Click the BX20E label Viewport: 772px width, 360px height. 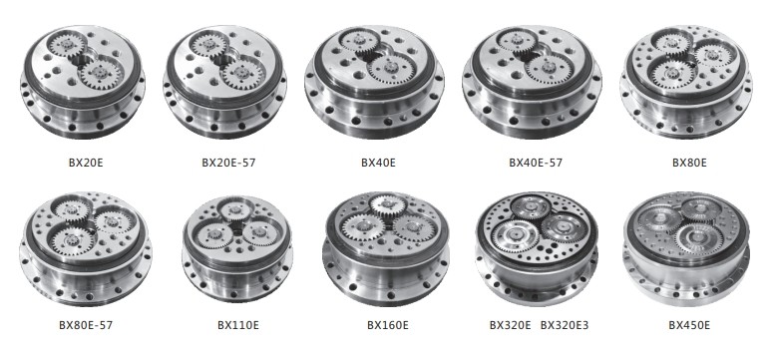tap(86, 163)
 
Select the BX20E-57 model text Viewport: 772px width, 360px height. tap(228, 163)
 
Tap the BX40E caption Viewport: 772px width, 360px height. tap(378, 163)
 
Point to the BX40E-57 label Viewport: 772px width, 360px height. tap(536, 163)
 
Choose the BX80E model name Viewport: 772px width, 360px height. tap(689, 163)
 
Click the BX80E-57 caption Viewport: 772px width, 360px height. tap(86, 325)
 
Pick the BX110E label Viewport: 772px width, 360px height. tap(238, 325)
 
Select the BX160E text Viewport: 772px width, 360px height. tap(387, 325)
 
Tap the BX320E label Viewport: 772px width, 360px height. tap(510, 325)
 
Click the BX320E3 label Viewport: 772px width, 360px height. tap(565, 325)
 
